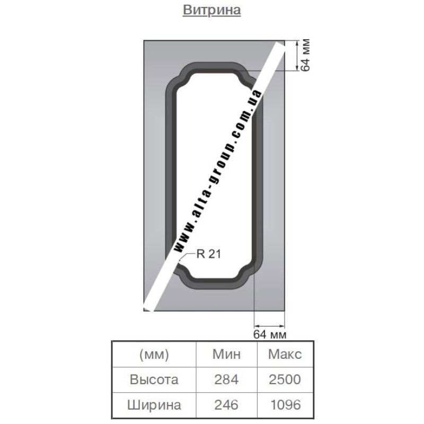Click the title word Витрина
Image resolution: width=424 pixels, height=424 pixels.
211,10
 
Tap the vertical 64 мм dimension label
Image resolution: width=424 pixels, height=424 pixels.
305,56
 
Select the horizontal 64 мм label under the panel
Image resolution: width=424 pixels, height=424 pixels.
270,334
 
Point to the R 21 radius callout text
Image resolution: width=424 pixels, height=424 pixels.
209,254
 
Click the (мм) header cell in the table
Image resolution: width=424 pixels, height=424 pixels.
154,354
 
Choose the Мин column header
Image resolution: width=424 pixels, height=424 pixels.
226,354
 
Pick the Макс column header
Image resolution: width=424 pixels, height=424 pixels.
285,354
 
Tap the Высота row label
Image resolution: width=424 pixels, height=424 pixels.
154,379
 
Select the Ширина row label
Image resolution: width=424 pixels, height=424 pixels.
154,405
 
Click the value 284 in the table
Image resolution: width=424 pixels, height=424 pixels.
226,379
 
